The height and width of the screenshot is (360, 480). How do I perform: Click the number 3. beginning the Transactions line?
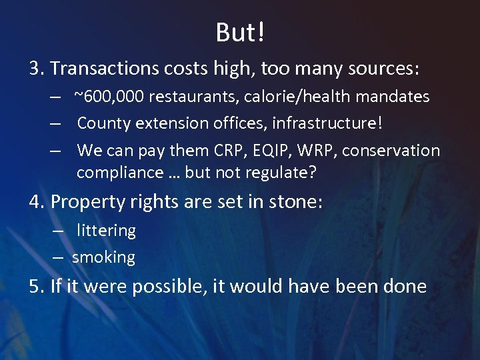coord(37,69)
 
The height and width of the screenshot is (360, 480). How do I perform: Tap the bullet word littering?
coord(106,231)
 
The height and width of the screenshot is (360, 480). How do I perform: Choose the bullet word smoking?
coord(103,257)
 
